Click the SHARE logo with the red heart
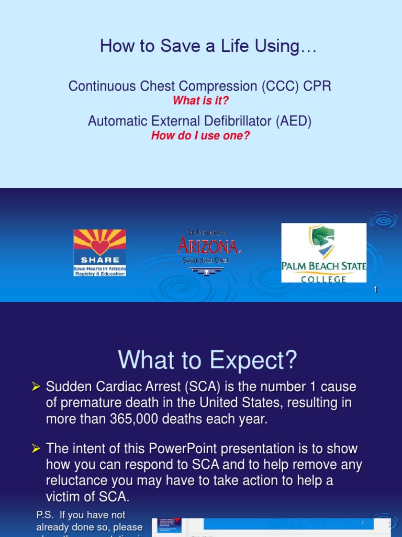tap(99, 253)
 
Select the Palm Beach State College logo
tap(323, 253)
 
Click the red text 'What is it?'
tap(200, 100)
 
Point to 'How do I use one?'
tap(200, 135)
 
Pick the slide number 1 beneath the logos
tap(376, 290)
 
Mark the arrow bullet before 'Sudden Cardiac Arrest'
tap(36, 388)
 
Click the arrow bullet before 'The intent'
tap(36, 449)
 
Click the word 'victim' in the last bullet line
tap(62, 497)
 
